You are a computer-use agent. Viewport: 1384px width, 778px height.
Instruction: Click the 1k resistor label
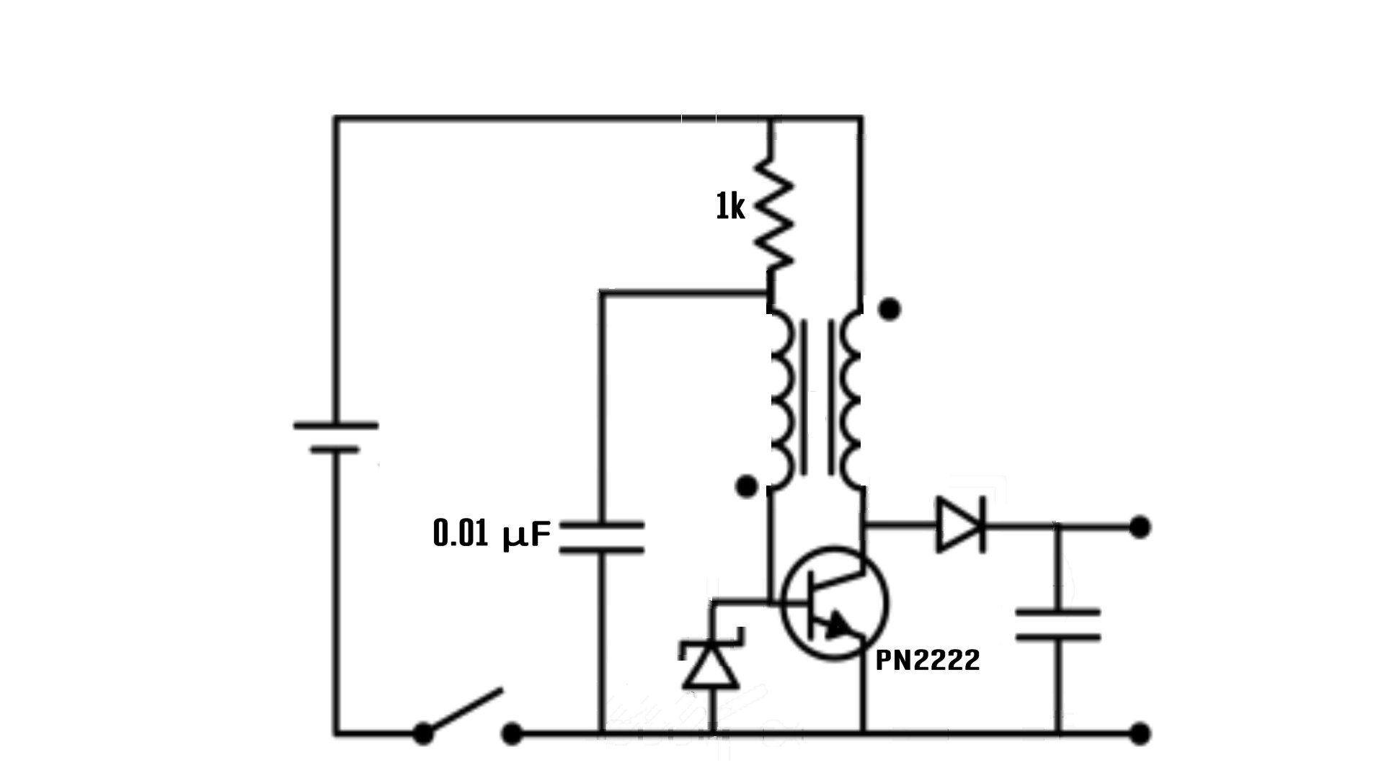tap(729, 208)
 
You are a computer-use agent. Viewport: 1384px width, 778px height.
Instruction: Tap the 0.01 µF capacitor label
tap(492, 535)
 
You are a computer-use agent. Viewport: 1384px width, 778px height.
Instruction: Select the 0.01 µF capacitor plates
tap(601, 538)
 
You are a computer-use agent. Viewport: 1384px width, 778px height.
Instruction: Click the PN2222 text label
tap(927, 661)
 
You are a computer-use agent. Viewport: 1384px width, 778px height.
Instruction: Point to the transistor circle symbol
tap(835, 603)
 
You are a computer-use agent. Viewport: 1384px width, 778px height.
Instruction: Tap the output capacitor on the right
tap(1057, 625)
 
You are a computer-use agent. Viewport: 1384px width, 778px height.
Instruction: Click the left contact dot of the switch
tap(423, 734)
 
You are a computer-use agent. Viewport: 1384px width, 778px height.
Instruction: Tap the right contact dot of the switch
tap(512, 734)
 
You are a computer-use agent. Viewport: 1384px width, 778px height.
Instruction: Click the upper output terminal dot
tap(1140, 527)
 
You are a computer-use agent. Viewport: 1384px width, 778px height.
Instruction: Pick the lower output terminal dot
tap(1140, 734)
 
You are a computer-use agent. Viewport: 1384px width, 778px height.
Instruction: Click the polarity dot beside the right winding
tap(890, 309)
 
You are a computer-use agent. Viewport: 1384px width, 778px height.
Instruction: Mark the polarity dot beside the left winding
tap(748, 487)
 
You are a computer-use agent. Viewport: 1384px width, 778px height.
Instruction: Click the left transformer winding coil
tap(783, 400)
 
